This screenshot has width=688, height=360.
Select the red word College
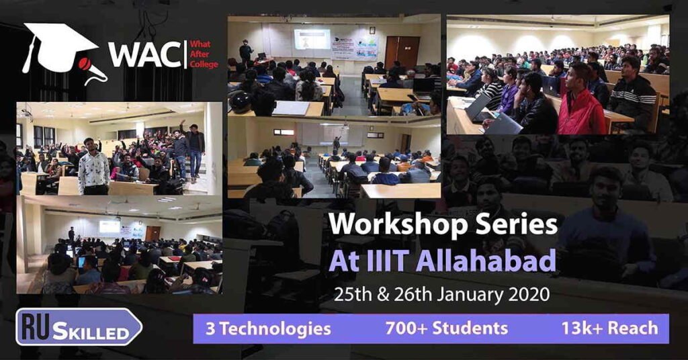(x=204, y=64)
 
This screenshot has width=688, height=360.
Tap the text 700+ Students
(x=447, y=328)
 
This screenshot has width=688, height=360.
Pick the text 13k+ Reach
(x=610, y=328)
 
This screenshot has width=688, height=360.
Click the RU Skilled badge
(x=79, y=327)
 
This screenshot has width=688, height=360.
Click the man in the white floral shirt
(x=93, y=167)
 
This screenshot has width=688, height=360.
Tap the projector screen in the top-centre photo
(x=312, y=39)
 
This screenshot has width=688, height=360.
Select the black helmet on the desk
(x=241, y=102)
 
